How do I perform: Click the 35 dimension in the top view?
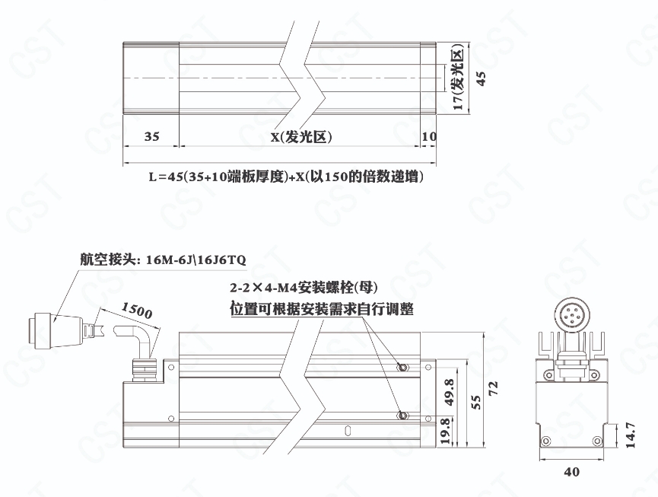(152, 136)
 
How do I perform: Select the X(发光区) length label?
(301, 137)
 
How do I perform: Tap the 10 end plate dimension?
(429, 136)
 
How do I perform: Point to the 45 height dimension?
(482, 78)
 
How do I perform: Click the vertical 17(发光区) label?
(459, 79)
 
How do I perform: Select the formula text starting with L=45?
(286, 177)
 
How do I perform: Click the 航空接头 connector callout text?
(163, 260)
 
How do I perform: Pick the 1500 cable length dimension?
(137, 311)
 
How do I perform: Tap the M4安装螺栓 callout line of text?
(304, 288)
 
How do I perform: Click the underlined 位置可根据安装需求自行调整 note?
(322, 309)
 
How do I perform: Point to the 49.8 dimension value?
(450, 392)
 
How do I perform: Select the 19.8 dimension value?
(446, 431)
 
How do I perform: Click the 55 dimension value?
(476, 402)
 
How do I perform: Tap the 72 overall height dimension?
(493, 387)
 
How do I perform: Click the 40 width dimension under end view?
(571, 472)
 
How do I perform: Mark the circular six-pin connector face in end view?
(572, 314)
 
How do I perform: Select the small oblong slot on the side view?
(347, 431)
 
